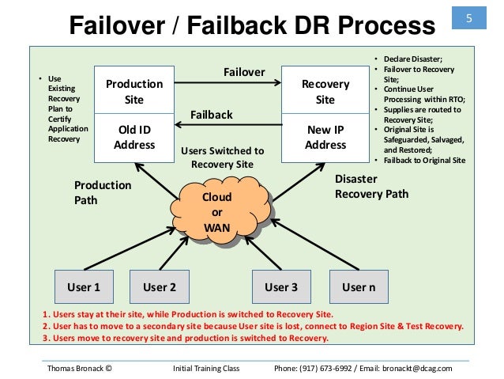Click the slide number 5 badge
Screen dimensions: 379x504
(x=468, y=18)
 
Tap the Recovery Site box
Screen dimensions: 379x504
(x=325, y=91)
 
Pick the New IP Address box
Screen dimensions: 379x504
(x=325, y=137)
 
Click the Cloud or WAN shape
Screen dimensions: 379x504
(x=217, y=211)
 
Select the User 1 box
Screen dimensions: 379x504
(x=83, y=287)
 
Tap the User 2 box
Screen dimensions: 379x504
(x=159, y=287)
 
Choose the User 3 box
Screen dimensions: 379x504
(x=280, y=287)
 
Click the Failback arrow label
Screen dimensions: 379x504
(x=212, y=115)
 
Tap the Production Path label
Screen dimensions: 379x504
(x=103, y=191)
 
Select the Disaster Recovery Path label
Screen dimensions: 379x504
(x=372, y=186)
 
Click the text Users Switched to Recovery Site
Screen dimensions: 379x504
(x=223, y=157)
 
